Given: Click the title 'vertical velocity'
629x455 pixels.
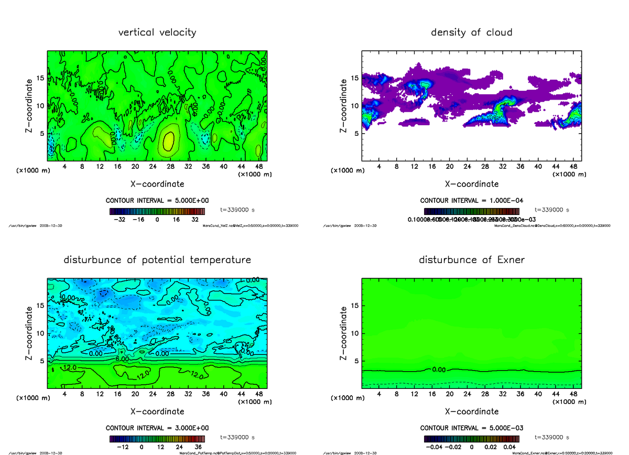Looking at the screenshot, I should tap(157, 32).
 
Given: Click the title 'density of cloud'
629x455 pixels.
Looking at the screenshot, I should tap(472, 32).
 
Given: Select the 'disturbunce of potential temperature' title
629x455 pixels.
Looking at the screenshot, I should tap(157, 260).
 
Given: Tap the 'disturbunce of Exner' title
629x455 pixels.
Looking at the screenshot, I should tap(472, 260).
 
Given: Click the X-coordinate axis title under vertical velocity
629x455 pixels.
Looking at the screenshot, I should tap(157, 184).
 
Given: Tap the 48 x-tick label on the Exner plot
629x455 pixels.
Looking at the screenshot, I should tap(573, 394).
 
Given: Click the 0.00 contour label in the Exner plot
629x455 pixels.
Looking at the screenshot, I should tap(439, 370).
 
